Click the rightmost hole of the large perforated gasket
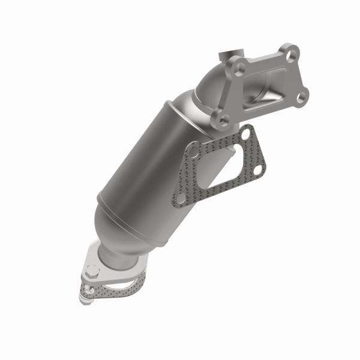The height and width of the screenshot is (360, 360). (x=257, y=170)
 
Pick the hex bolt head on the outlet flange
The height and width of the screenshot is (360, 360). (x=92, y=271)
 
